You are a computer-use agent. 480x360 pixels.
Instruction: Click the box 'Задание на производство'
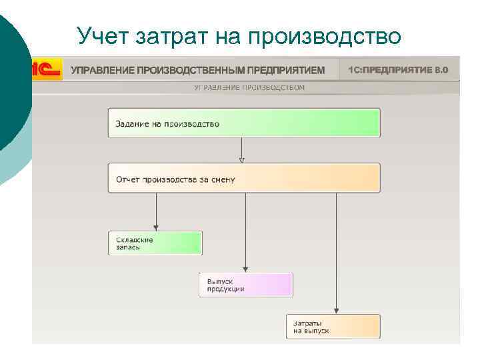tap(244, 123)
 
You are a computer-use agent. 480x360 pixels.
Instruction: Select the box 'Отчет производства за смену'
tap(244, 179)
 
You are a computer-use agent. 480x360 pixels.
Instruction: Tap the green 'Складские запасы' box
tap(155, 243)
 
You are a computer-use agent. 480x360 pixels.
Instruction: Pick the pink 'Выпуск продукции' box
tap(246, 285)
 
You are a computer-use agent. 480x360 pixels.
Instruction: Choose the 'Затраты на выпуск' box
tap(333, 327)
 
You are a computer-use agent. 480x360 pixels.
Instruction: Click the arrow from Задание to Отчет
tap(242, 150)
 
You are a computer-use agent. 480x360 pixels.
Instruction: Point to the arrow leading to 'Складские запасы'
tap(156, 212)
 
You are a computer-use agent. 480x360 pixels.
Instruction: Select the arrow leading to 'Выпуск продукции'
tap(246, 233)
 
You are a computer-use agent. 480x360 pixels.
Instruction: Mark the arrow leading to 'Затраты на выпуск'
tap(336, 253)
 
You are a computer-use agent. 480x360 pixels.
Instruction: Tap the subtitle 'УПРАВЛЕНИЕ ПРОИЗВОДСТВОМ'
tap(249, 87)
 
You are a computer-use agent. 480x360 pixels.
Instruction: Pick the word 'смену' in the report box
tap(222, 179)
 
